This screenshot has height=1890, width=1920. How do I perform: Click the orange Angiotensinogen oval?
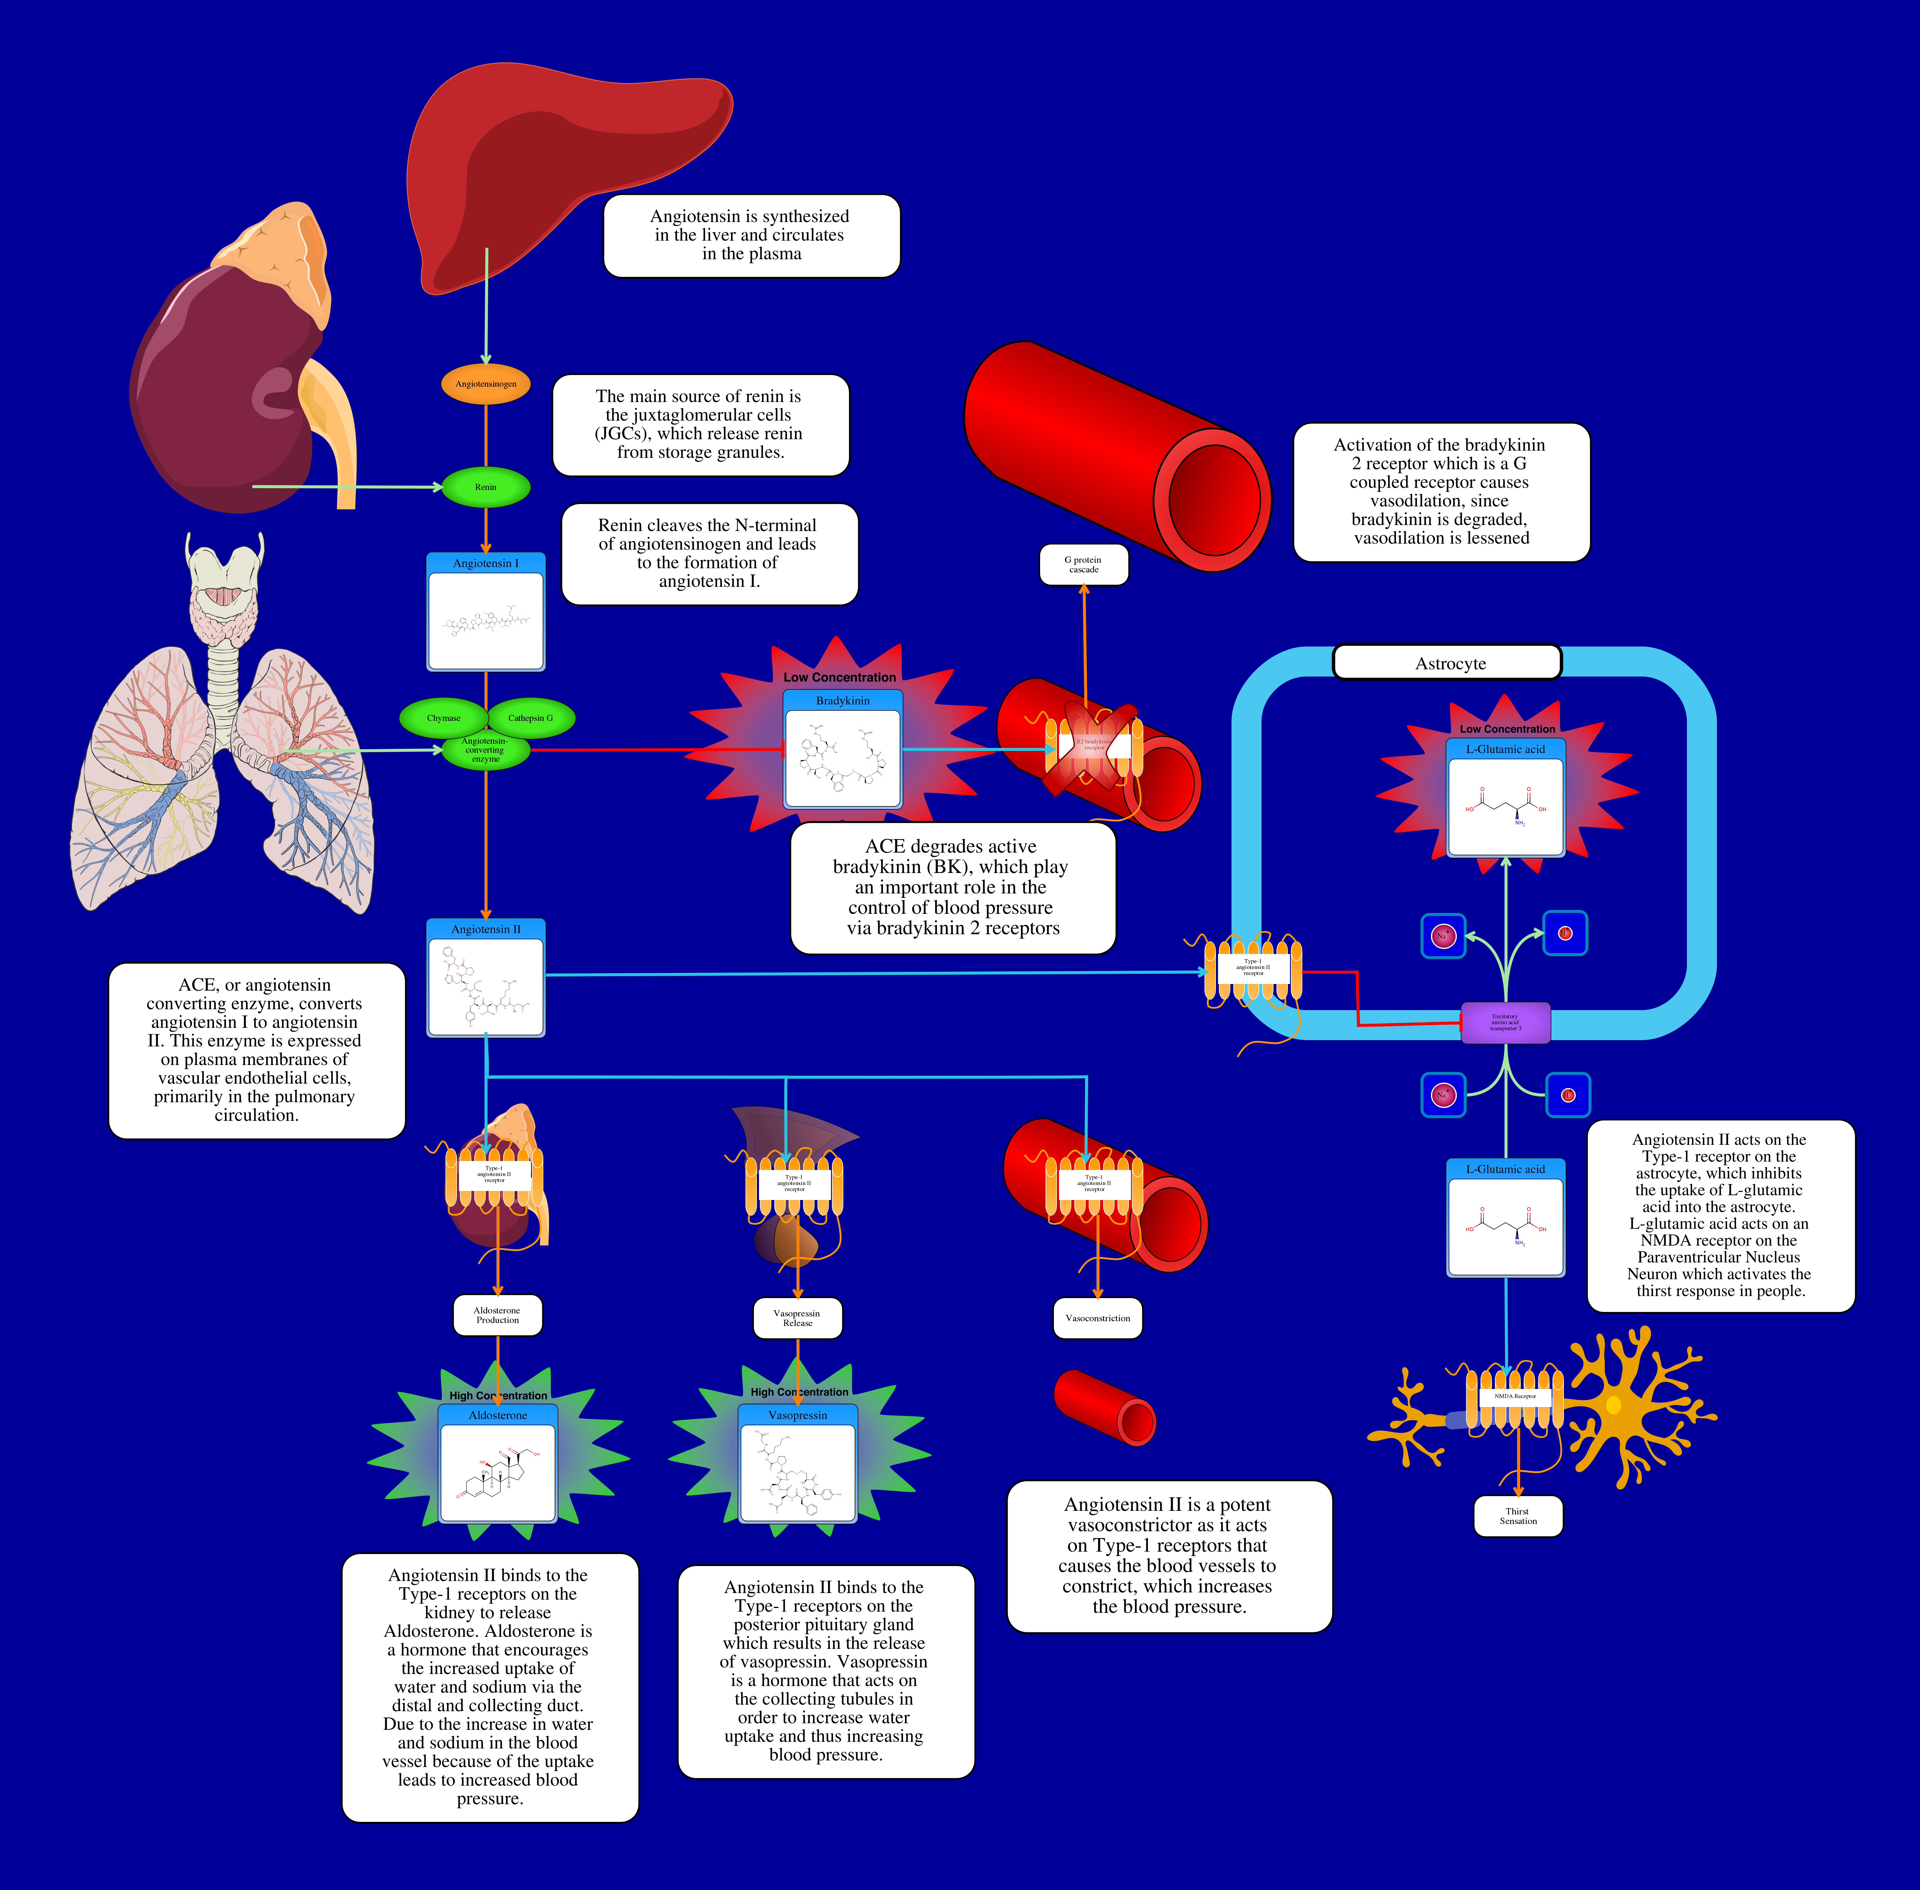point(485,384)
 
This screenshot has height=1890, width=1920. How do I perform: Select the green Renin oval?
point(485,486)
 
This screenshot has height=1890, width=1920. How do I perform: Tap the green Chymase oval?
point(444,718)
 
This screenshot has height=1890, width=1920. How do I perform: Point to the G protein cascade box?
point(1083,565)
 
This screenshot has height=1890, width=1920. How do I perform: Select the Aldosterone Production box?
point(497,1315)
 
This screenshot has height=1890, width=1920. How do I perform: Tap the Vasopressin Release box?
point(797,1318)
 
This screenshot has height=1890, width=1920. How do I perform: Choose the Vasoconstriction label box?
point(1097,1318)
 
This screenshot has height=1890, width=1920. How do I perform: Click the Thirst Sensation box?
point(1518,1516)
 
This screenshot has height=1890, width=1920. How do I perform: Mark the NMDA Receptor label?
point(1515,1396)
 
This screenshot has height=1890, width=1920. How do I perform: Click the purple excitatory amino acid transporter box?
point(1505,1022)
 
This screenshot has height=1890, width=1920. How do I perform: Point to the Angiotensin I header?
point(485,563)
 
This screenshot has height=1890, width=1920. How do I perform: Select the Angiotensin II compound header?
point(485,929)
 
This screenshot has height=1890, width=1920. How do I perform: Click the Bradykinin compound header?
point(842,701)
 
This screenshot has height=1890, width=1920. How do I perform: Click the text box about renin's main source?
point(700,425)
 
